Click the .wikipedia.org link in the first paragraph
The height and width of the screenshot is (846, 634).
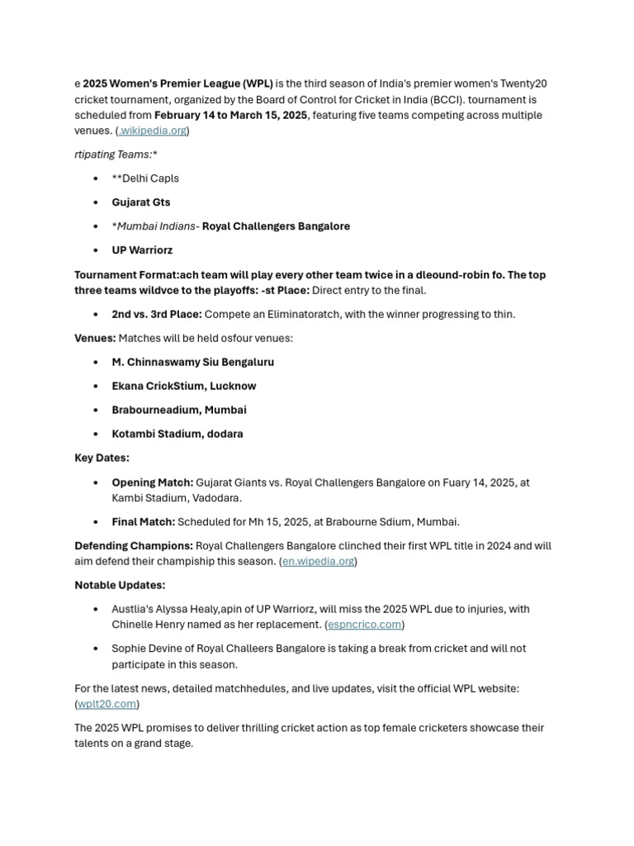pos(153,131)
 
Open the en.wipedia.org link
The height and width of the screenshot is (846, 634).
pos(318,562)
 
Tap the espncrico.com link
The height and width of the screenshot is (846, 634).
pos(364,625)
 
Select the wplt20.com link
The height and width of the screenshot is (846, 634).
pos(107,704)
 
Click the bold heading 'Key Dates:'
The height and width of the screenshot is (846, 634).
pos(102,458)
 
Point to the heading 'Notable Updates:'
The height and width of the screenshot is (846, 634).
pos(120,585)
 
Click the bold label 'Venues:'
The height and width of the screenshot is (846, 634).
pos(95,338)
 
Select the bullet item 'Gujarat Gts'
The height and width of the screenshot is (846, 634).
pos(141,202)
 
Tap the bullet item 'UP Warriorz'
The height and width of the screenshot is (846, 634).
pos(142,250)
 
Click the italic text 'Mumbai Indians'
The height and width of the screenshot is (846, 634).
pos(156,226)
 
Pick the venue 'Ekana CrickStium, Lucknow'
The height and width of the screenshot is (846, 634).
pos(184,386)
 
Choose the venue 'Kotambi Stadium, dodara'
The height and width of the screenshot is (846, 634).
pos(177,434)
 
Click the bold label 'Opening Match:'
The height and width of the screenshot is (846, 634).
pos(153,482)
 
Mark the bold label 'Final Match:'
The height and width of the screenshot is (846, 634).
pos(144,522)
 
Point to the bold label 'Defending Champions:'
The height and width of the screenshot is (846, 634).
pos(134,546)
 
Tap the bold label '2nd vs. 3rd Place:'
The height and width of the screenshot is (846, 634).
pos(157,314)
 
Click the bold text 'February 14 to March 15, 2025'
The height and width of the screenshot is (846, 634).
pos(230,115)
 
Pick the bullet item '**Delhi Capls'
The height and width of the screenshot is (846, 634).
pos(145,178)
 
